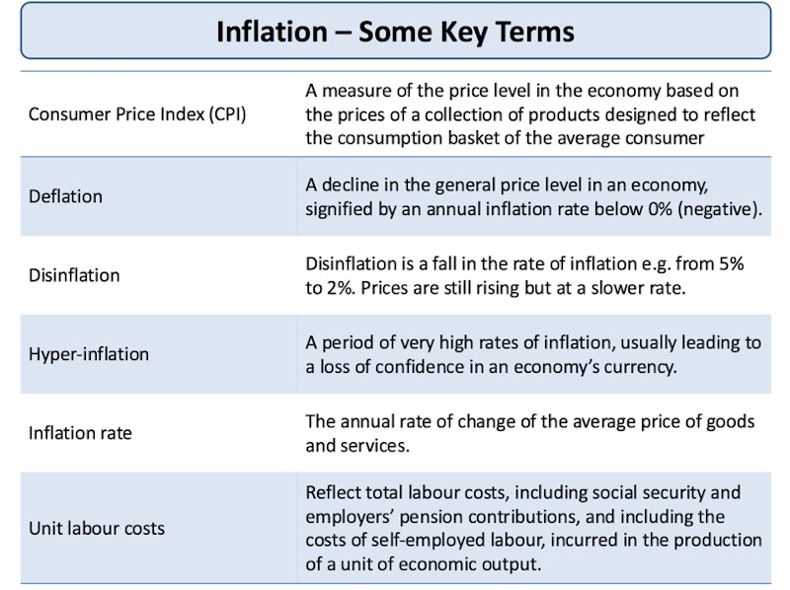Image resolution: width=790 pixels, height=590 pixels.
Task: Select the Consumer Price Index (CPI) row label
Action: coord(137,114)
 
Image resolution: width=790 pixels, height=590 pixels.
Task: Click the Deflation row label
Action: coord(65,196)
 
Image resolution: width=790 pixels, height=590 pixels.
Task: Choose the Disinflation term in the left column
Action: coord(74,275)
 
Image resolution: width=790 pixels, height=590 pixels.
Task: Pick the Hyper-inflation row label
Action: coord(89,354)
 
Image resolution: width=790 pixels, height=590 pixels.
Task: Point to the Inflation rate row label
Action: coord(80,433)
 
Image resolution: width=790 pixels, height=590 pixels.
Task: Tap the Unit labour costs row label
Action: coord(97,528)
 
